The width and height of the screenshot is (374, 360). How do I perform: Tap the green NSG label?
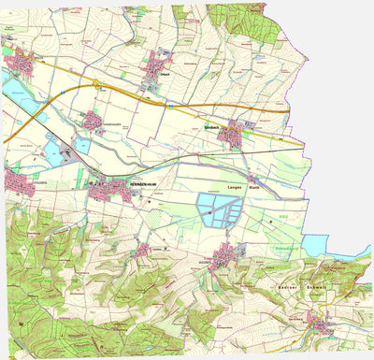coord(282,216)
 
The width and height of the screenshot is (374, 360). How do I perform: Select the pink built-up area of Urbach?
coord(157,67)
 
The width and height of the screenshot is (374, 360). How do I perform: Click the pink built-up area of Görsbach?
coord(231,137)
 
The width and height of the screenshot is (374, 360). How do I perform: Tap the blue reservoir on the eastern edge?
coord(316,245)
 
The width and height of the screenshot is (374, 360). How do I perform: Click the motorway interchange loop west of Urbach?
coord(96,86)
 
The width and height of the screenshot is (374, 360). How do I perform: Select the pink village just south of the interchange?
coord(92,120)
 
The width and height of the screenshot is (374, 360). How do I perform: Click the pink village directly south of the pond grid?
coord(225,254)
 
